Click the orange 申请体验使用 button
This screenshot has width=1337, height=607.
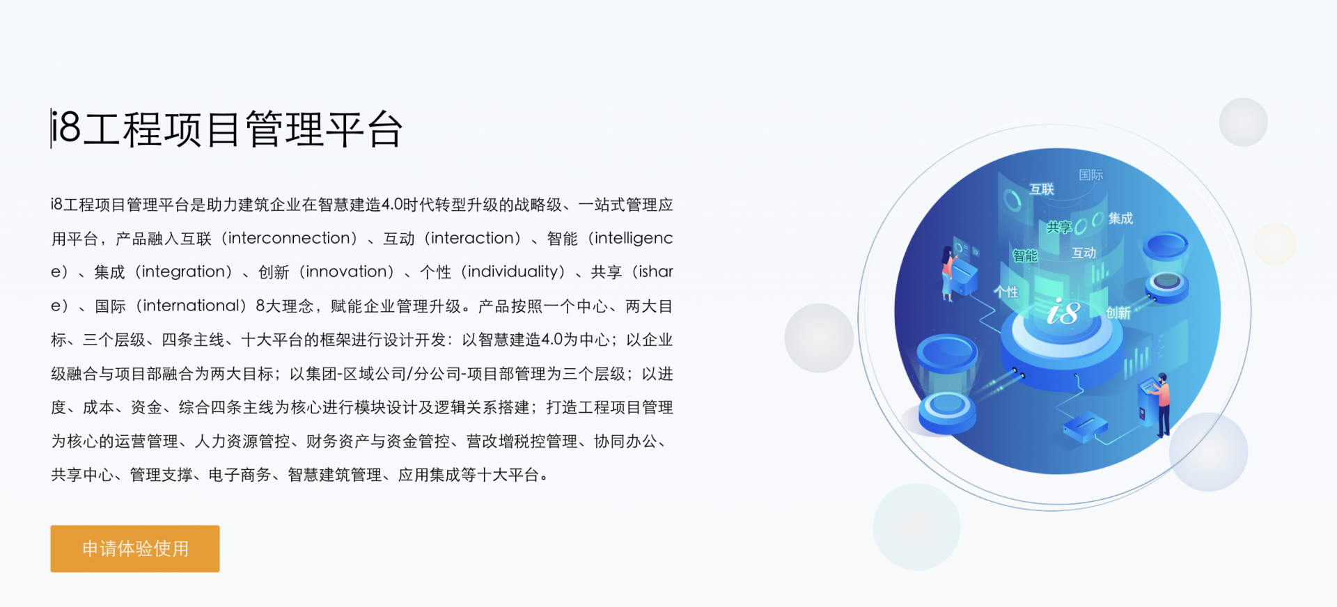tap(135, 549)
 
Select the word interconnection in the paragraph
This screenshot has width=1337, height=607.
tap(292, 238)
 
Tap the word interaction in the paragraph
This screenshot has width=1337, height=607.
tap(476, 238)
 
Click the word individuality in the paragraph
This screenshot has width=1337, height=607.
tap(513, 271)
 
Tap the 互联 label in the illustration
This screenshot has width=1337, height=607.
tap(1042, 189)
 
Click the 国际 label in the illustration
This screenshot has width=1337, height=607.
tap(1091, 175)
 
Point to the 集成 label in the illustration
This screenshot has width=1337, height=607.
tap(1120, 219)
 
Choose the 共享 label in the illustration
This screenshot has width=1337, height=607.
tap(1059, 227)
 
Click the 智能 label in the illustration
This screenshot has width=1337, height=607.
tap(1025, 255)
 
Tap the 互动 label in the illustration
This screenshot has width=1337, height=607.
tap(1084, 253)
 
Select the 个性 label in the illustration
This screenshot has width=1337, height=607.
tap(1006, 292)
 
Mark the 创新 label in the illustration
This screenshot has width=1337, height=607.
tap(1118, 313)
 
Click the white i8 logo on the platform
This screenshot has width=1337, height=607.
tap(1063, 313)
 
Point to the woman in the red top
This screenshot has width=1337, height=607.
tap(947, 273)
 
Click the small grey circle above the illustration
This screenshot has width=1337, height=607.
tap(1243, 122)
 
